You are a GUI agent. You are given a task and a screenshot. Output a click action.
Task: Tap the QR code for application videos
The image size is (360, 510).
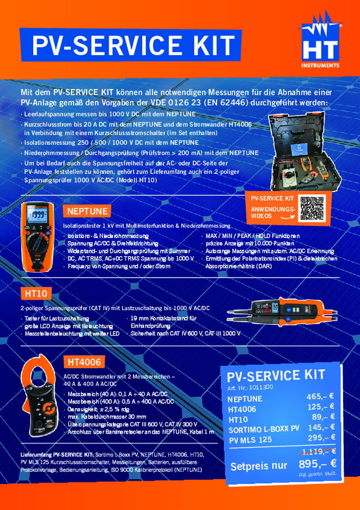(x=316, y=208)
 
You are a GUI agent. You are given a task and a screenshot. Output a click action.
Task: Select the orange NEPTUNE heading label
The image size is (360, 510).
(x=87, y=211)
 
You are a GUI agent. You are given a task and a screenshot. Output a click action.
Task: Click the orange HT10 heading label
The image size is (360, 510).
(x=36, y=293)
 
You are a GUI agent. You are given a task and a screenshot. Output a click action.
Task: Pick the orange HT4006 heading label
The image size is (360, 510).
(x=84, y=361)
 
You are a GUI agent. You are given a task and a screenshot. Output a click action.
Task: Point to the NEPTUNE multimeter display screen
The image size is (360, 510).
(x=39, y=216)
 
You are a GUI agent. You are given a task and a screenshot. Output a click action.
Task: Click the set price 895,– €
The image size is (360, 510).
(x=317, y=464)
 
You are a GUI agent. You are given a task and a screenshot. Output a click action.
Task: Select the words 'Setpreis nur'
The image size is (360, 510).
(x=259, y=466)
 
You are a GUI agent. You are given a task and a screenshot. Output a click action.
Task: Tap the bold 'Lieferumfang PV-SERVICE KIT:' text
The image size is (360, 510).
(x=56, y=454)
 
